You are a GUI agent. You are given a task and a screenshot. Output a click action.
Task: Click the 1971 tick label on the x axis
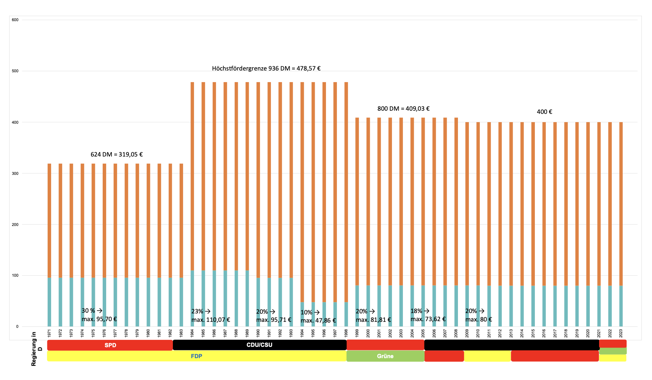(49, 333)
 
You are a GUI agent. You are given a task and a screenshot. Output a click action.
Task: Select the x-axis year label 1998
(346, 333)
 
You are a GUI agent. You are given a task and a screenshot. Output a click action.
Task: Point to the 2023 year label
(621, 333)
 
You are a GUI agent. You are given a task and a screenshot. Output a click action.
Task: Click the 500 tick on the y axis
(15, 71)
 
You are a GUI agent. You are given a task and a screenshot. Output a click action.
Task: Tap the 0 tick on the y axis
(17, 326)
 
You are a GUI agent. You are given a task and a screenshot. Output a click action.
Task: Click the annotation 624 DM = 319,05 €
(116, 154)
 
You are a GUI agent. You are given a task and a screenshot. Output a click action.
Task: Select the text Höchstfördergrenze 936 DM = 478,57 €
(266, 68)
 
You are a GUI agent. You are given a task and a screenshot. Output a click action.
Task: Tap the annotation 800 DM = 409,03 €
(403, 109)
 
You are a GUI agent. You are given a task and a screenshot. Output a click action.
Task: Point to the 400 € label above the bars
(544, 112)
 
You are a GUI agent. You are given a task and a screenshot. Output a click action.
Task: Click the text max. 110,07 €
(211, 320)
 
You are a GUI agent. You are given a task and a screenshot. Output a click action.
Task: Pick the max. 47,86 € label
(318, 320)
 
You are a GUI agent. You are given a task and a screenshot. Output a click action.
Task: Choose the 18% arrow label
(420, 311)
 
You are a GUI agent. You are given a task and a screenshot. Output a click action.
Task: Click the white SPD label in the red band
(110, 345)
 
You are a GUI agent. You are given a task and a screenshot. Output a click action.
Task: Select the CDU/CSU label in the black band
(259, 345)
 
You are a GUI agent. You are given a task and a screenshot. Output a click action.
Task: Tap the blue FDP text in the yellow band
(197, 356)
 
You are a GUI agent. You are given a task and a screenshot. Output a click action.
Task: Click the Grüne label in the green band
(385, 356)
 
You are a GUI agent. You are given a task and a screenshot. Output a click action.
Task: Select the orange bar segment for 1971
(49, 220)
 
